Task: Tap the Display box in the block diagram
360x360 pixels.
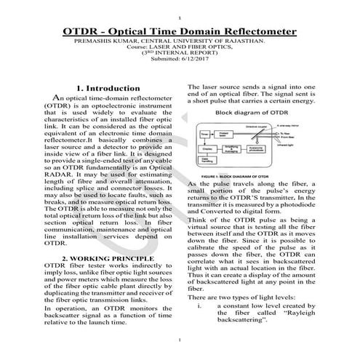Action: pos(206,148)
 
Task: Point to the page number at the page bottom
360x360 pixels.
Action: pos(180,341)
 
